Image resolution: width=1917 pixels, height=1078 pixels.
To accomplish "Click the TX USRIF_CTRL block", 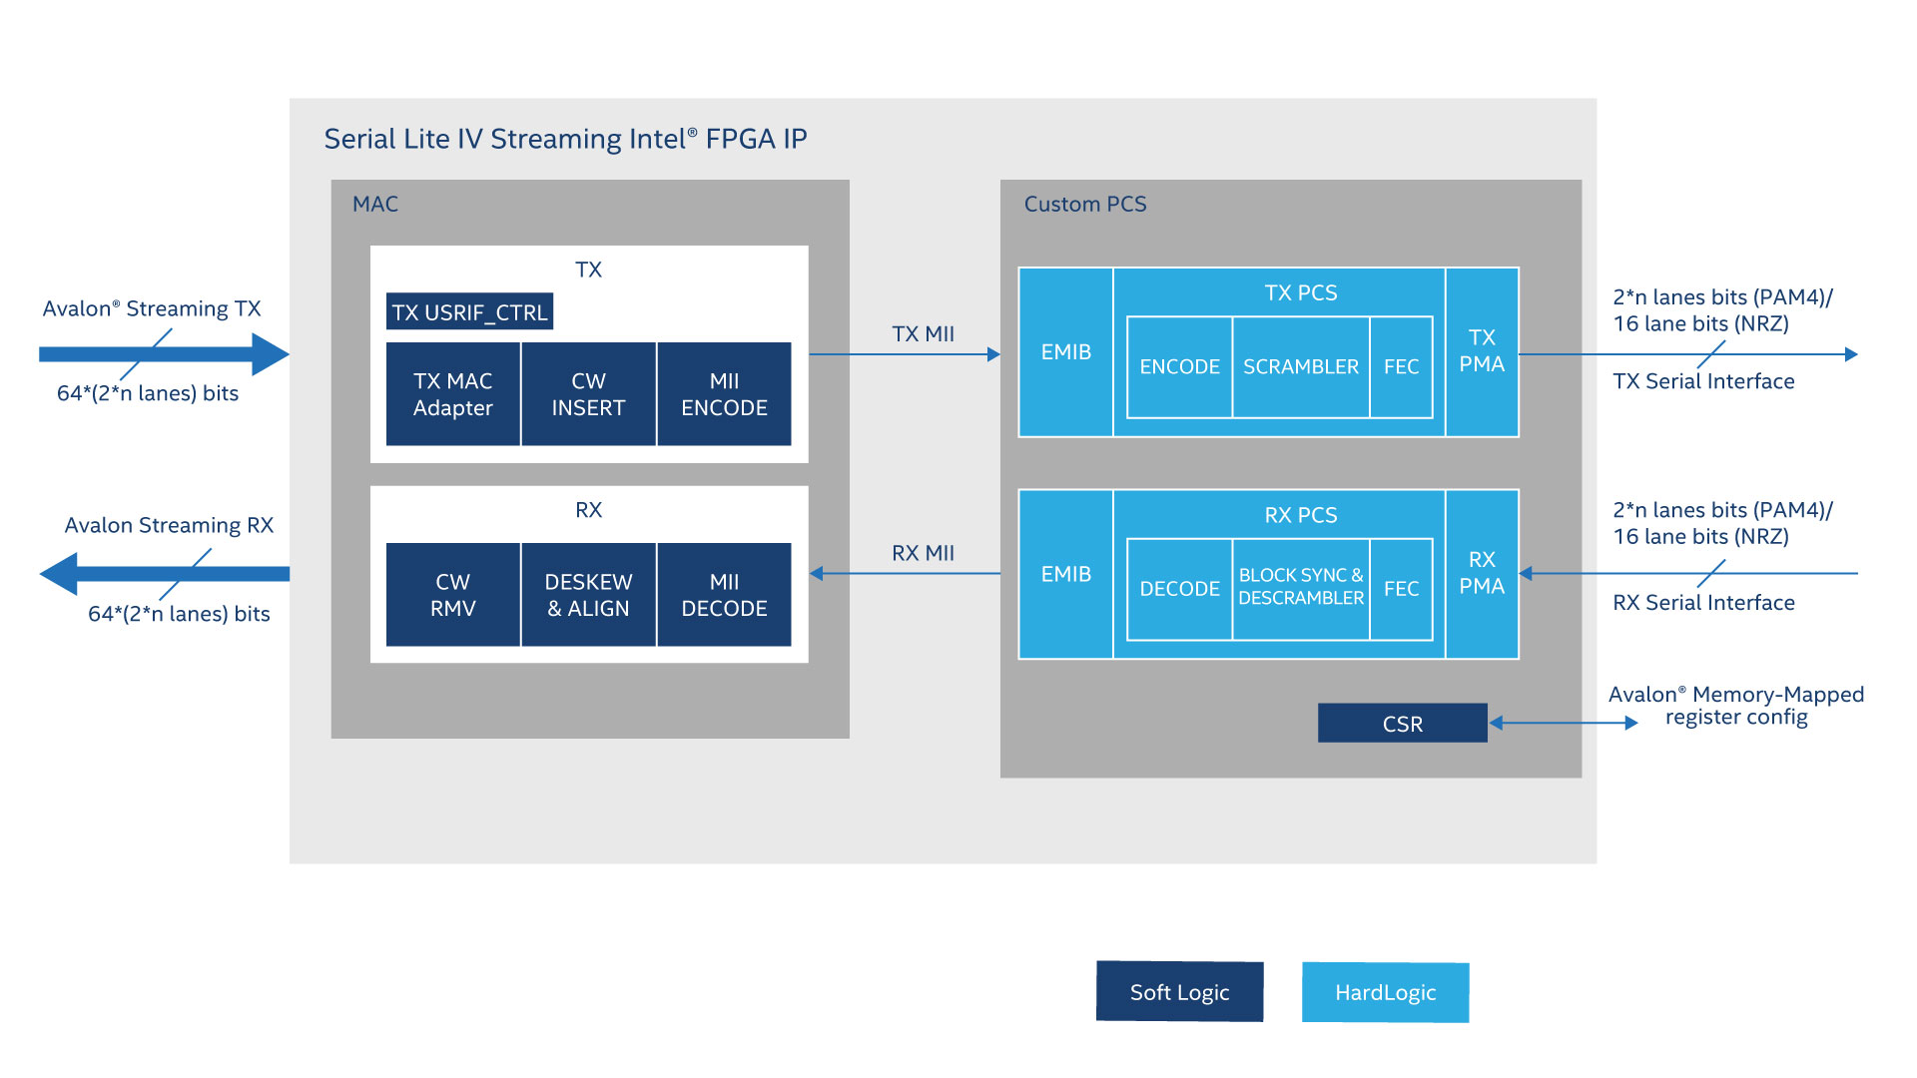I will (x=469, y=311).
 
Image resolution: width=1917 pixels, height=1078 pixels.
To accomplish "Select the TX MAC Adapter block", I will (x=452, y=394).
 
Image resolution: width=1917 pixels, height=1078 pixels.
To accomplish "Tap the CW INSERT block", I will (x=588, y=394).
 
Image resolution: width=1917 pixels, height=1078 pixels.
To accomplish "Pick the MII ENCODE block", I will (x=724, y=394).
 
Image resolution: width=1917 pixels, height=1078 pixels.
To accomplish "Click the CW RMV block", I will (x=452, y=595).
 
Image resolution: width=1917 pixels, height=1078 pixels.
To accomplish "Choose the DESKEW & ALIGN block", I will (x=588, y=595).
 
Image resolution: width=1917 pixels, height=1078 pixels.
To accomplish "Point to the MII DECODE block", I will (x=724, y=595).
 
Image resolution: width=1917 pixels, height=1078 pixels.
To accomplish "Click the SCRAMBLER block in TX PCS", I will (x=1300, y=367).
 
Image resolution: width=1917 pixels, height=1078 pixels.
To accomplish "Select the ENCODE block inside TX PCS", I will (x=1179, y=367).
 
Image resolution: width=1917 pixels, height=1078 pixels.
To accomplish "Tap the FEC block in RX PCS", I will (x=1401, y=589).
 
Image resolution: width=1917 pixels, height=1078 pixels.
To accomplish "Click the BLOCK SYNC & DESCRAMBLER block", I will (x=1300, y=587).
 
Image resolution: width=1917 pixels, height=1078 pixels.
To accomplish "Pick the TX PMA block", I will (x=1482, y=351).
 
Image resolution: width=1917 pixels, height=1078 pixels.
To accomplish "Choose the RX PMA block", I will (x=1482, y=574).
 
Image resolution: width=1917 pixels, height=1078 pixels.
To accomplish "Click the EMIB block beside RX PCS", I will (x=1065, y=574).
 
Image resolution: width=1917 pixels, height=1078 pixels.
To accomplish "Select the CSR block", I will (x=1402, y=724).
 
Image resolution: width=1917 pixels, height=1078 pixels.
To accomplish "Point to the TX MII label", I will (x=923, y=334).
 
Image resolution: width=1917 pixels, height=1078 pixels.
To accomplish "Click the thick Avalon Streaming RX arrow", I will (x=165, y=574).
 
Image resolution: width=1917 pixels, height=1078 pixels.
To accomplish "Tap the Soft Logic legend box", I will (x=1179, y=992).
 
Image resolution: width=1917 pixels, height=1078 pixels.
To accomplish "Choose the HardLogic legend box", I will (x=1385, y=992).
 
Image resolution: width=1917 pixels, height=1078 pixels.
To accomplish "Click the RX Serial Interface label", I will (x=1703, y=603).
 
